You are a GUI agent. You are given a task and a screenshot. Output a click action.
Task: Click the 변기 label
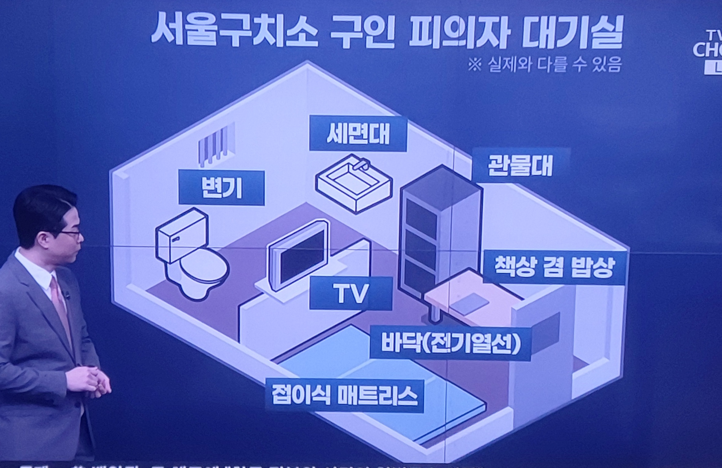(221, 188)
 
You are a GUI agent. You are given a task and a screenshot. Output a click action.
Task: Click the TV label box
(351, 293)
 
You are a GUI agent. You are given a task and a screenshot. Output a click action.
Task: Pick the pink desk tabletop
(471, 294)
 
